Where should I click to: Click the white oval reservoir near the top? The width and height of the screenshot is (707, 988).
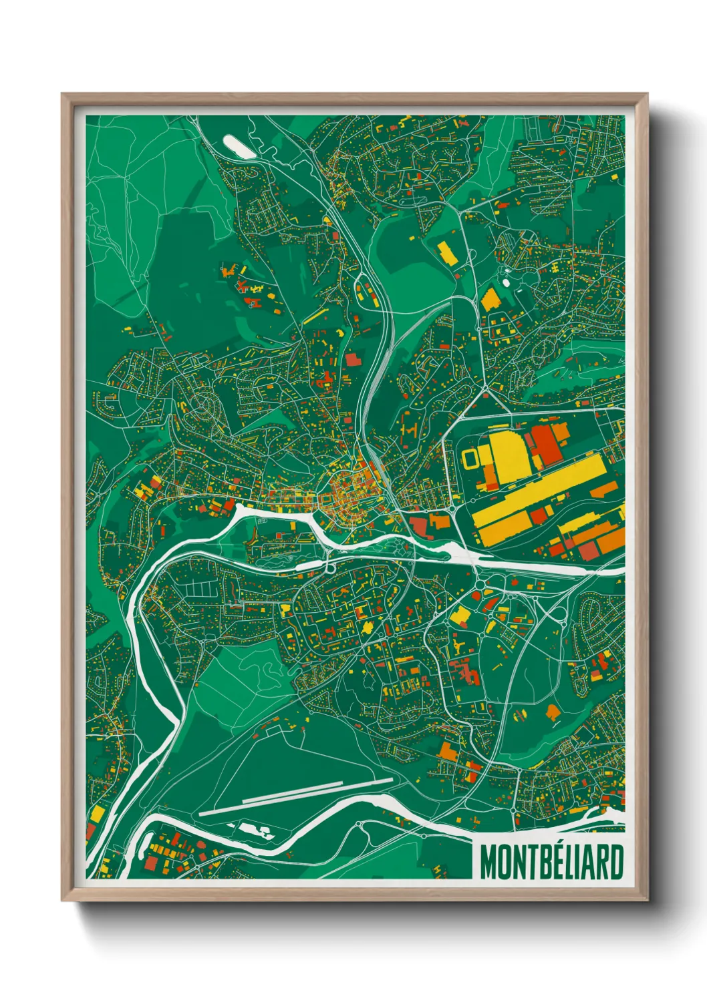click(x=239, y=146)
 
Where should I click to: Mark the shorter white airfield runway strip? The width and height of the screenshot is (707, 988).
click(x=317, y=790)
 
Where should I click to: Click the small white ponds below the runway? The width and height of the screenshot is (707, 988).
click(x=257, y=831)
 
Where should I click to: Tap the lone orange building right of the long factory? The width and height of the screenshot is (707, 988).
click(x=604, y=490)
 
